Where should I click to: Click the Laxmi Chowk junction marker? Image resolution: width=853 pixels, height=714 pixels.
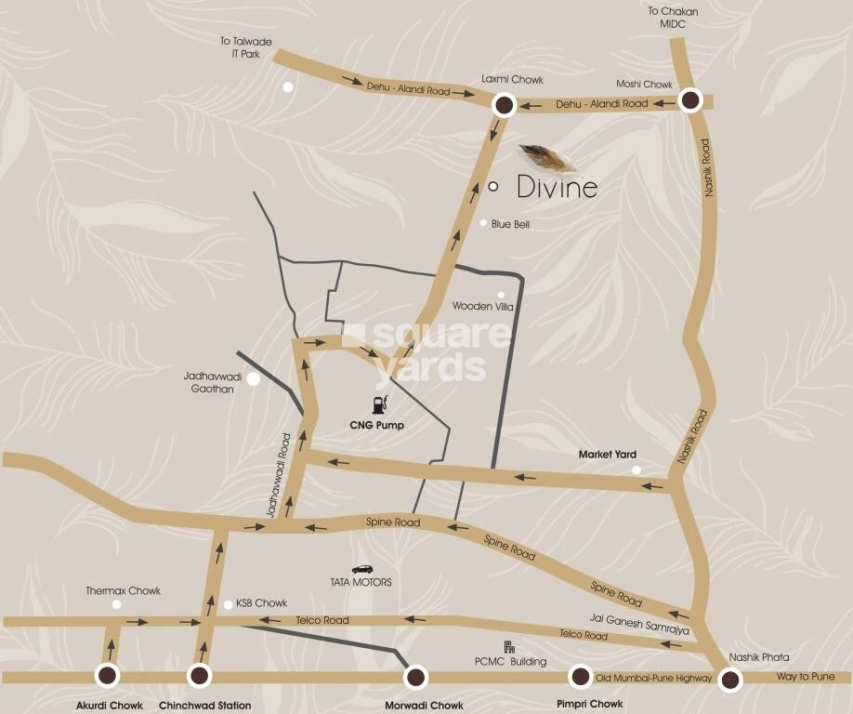tap(504, 105)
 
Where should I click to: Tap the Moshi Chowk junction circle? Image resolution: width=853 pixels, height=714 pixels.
tap(689, 100)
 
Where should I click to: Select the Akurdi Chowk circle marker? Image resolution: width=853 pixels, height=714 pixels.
tap(109, 676)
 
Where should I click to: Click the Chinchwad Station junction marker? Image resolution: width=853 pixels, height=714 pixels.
tap(199, 676)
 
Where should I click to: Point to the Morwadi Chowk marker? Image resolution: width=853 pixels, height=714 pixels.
tap(415, 677)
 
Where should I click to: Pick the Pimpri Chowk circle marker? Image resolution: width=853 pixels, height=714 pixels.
tap(581, 677)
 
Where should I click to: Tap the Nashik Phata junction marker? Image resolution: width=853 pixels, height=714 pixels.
tap(731, 681)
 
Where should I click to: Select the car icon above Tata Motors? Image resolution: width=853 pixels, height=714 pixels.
tap(361, 568)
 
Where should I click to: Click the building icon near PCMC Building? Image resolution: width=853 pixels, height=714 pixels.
tap(508, 646)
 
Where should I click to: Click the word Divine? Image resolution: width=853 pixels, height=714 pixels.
tap(557, 188)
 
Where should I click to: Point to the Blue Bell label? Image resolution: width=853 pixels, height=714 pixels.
tap(510, 224)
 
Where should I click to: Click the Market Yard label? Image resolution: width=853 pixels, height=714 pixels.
tap(608, 455)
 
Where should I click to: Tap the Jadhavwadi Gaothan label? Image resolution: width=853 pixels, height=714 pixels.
tap(209, 382)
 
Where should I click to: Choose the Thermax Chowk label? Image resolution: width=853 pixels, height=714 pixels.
tap(123, 590)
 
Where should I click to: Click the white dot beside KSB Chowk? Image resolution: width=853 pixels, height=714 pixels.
tap(229, 604)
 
